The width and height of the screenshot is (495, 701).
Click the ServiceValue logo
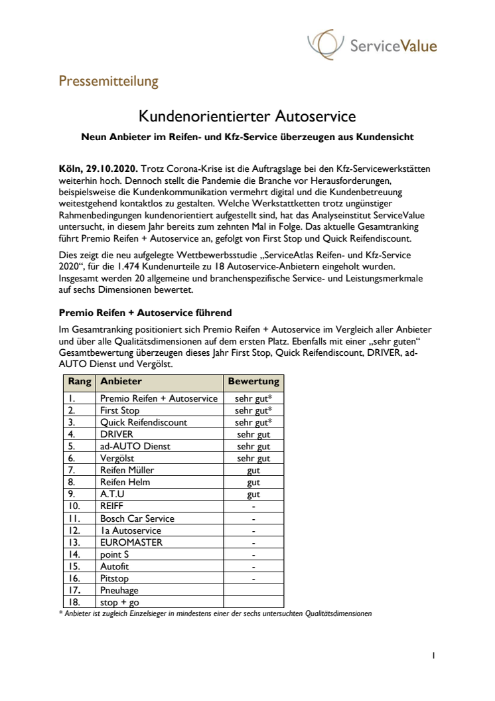(x=372, y=45)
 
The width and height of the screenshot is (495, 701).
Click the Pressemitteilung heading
(x=109, y=82)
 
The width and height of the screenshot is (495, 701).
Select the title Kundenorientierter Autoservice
(x=247, y=117)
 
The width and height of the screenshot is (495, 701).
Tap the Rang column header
(x=80, y=382)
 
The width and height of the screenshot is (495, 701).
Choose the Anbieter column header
(x=121, y=382)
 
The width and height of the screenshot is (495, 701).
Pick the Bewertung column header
(x=253, y=382)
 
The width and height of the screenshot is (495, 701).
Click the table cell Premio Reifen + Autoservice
(x=159, y=398)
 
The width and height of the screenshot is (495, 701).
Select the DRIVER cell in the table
(x=117, y=434)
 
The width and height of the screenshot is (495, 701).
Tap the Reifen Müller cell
(x=127, y=470)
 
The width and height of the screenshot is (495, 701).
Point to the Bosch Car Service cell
(x=137, y=518)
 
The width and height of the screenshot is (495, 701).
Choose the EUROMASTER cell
(x=131, y=542)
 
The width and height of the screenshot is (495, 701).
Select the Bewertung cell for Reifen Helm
(x=253, y=482)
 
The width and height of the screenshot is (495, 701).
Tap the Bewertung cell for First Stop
(x=253, y=410)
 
